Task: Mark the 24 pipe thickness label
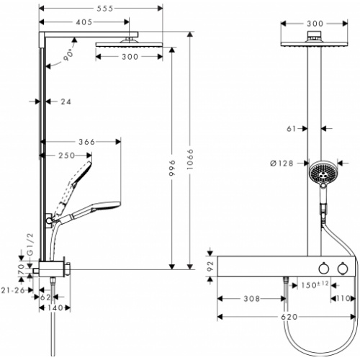pos(64,102)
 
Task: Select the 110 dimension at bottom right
pos(344,297)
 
